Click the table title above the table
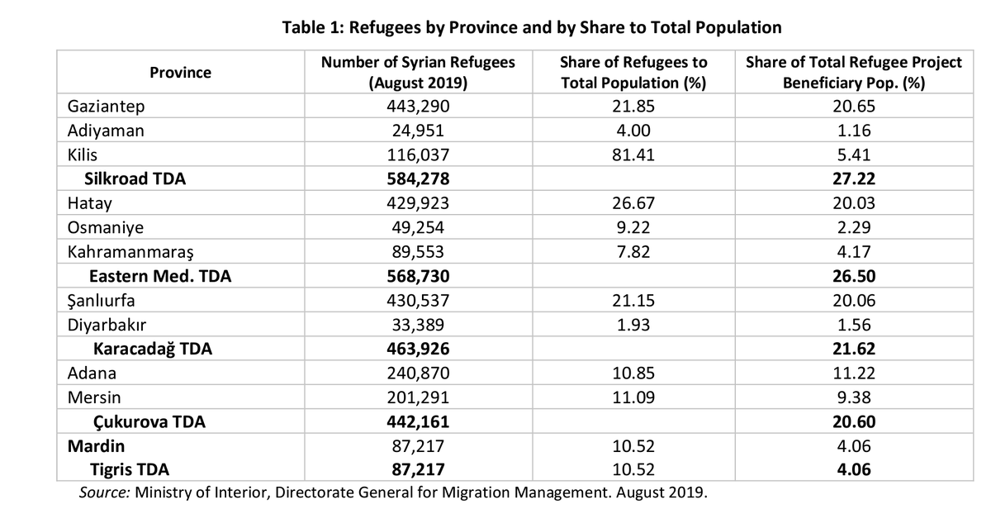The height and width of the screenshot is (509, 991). click(532, 27)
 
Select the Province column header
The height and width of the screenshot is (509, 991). click(180, 73)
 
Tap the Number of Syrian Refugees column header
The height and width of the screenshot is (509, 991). click(418, 73)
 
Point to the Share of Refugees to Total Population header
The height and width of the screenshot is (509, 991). click(633, 73)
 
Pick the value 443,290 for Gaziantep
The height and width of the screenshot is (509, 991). click(418, 107)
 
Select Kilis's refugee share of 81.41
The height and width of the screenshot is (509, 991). click(633, 155)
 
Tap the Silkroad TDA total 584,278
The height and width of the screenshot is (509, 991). click(418, 178)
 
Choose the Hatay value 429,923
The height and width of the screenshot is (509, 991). click(418, 203)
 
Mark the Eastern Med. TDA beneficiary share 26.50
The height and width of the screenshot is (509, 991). click(854, 276)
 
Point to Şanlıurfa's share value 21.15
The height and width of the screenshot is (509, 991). click(633, 301)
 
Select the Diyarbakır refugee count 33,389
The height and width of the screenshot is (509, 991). click(418, 325)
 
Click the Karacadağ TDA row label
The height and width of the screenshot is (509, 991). click(152, 349)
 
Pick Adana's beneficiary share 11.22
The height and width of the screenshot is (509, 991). click(854, 373)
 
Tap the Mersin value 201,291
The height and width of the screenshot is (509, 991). click(418, 397)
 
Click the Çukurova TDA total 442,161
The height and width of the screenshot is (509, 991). click(418, 422)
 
